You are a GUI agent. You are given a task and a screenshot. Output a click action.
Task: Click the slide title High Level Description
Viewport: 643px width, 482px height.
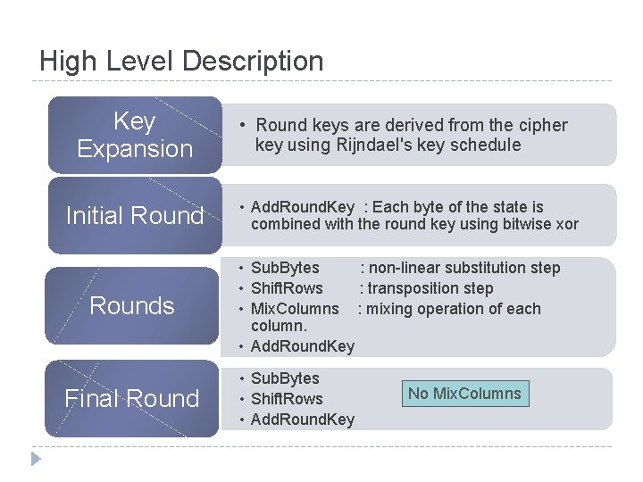[x=181, y=62]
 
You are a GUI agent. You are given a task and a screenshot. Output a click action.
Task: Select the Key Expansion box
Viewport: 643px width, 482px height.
[x=134, y=135]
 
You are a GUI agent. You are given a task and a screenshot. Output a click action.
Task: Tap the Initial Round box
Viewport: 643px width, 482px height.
[x=134, y=215]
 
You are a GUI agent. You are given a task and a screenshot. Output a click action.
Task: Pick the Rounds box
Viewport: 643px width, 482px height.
[x=132, y=305]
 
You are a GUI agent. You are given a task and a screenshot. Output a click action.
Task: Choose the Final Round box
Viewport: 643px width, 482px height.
[x=132, y=398]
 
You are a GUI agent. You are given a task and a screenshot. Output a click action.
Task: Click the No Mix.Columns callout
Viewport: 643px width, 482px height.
[x=464, y=394]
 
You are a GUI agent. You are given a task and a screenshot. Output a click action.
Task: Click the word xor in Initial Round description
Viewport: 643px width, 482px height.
[x=566, y=224]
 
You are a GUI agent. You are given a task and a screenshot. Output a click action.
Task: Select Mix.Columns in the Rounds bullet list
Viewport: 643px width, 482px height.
[x=295, y=309]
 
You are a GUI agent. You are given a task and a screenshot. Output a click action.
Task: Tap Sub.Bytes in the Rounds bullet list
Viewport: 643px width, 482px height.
[x=285, y=268]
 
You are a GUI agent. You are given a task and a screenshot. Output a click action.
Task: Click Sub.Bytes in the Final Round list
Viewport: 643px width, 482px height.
[x=285, y=378]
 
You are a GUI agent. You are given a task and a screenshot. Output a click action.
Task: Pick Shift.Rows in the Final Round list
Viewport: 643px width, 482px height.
[x=287, y=399]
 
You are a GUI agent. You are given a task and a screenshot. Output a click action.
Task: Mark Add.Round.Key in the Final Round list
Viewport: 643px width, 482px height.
[x=302, y=420]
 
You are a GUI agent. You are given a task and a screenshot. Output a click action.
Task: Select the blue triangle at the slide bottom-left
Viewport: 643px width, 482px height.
[x=36, y=460]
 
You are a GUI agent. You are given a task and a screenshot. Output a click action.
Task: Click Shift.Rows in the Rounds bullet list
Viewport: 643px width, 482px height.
[x=287, y=288]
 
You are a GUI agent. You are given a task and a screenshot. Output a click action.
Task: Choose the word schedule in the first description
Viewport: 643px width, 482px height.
[x=488, y=145]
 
